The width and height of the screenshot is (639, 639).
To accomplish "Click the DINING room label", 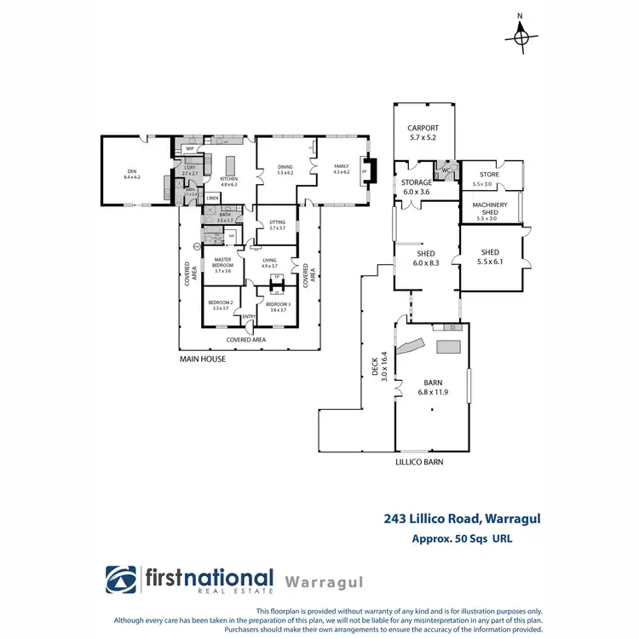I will (x=285, y=170).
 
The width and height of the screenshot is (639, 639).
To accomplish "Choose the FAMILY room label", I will (x=342, y=170).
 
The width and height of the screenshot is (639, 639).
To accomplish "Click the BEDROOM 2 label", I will (x=221, y=306).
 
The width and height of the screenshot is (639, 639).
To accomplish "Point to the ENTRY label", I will (x=249, y=318).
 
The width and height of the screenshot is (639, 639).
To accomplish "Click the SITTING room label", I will (x=277, y=225).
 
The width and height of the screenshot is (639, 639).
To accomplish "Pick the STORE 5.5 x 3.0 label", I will (x=488, y=179).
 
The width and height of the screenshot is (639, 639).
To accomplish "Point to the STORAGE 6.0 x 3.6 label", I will (x=417, y=187).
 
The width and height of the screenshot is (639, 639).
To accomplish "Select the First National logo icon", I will (x=121, y=580).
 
